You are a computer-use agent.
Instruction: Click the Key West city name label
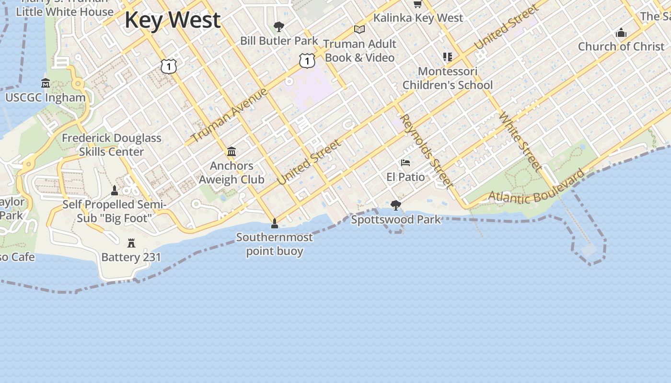coord(173,20)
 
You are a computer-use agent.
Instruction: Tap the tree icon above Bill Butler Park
coord(278,26)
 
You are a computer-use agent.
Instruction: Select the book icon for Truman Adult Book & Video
coord(359,30)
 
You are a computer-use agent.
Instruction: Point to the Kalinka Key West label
coord(418,18)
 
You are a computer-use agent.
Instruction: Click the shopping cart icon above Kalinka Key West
coord(417,4)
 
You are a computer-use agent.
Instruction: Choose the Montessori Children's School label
coord(447,79)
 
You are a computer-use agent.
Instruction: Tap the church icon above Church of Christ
coord(621,33)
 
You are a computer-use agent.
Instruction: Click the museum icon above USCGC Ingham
coord(46,83)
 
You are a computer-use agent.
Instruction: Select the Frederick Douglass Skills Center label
coord(111,145)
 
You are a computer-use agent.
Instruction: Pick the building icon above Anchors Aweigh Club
coord(231,152)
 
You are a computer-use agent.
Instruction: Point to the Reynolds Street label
coord(426,150)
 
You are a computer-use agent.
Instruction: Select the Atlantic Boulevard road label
coord(536,187)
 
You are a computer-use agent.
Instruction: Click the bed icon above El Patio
coord(405,163)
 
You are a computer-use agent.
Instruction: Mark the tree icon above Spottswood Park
coord(396,205)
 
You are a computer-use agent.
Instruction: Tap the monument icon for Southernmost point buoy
coord(275,223)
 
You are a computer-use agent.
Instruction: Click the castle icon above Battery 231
coord(131,243)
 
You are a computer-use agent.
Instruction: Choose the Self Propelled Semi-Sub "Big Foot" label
coord(115,212)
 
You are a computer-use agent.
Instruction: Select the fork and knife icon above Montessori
coord(448,57)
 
